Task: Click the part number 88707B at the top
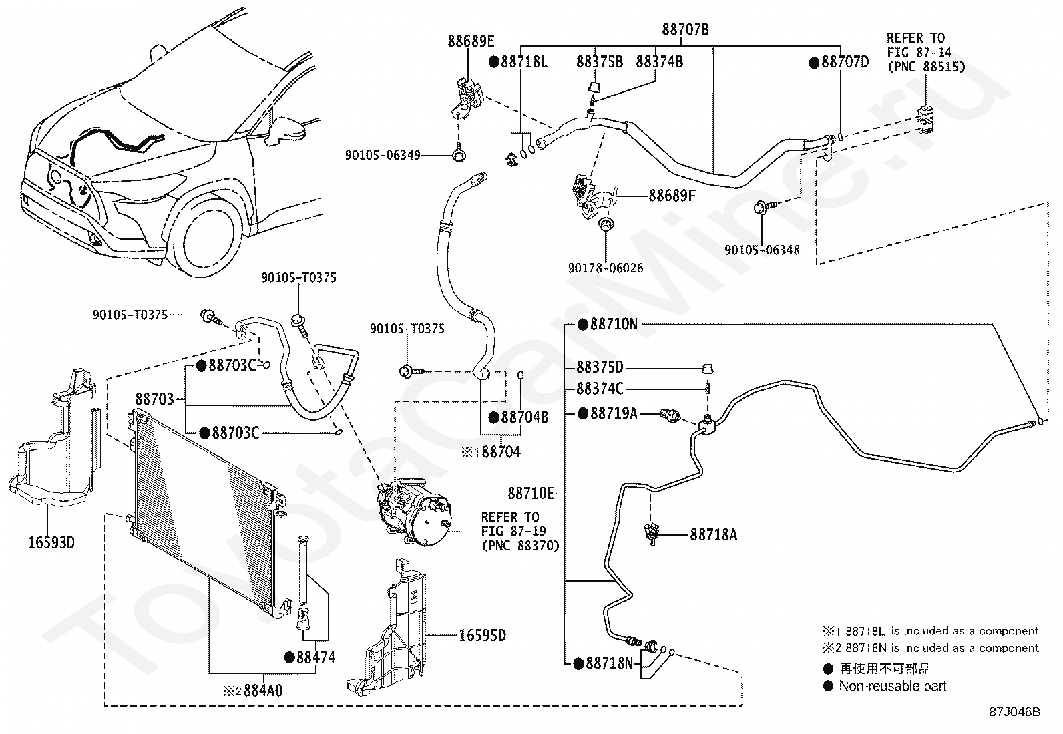coord(685,30)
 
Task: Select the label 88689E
coord(471,42)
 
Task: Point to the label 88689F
coord(672,196)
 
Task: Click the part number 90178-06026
coord(606,268)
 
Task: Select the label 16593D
coord(51,543)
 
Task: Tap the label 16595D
coord(482,635)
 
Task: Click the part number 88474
coord(316,658)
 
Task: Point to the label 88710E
coord(531,494)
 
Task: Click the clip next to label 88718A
coord(651,534)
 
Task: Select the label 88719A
coord(614,413)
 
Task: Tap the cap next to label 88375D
coord(707,368)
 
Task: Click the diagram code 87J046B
coord(1015,712)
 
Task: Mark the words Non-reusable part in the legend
coord(893,686)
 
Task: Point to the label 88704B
coord(524,417)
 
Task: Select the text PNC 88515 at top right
coord(927,67)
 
